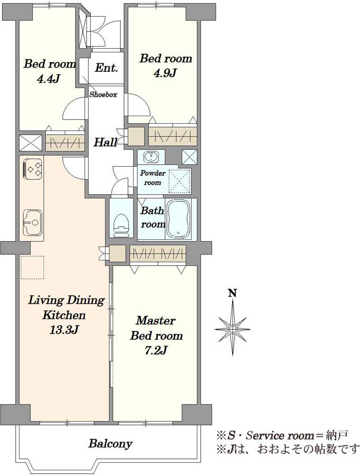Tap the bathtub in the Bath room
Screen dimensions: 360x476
(x=179, y=218)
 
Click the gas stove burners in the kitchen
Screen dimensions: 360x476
(x=32, y=169)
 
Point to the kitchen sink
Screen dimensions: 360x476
(x=32, y=222)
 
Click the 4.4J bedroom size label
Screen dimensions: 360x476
(x=48, y=79)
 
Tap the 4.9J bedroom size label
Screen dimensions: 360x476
(x=165, y=73)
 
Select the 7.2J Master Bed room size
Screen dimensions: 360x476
(x=156, y=351)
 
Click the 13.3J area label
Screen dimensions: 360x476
(x=64, y=330)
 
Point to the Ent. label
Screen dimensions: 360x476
(x=106, y=68)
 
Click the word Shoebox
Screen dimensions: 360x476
(x=103, y=94)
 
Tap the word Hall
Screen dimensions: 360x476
(x=105, y=142)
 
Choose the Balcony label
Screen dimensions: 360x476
(x=110, y=444)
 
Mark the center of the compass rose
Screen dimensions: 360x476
(x=233, y=329)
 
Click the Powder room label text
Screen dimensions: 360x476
(x=153, y=178)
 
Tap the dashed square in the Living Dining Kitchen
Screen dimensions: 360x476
(x=32, y=267)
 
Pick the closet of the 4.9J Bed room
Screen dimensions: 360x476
(x=173, y=136)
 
